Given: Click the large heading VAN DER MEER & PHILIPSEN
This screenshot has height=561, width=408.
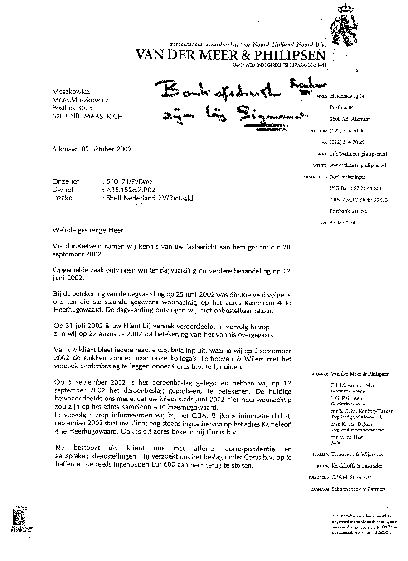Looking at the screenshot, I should [x=230, y=55].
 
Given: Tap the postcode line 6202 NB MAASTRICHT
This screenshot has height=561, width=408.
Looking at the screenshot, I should [x=89, y=116].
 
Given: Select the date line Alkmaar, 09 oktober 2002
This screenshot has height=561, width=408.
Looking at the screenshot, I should [x=92, y=149].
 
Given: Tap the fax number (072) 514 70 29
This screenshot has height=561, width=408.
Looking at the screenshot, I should [x=347, y=142].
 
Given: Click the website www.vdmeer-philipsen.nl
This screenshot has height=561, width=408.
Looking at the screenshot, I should [x=358, y=166].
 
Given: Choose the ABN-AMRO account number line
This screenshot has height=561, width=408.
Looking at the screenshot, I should [x=355, y=200].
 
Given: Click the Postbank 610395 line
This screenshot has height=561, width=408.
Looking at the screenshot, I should [x=348, y=211].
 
